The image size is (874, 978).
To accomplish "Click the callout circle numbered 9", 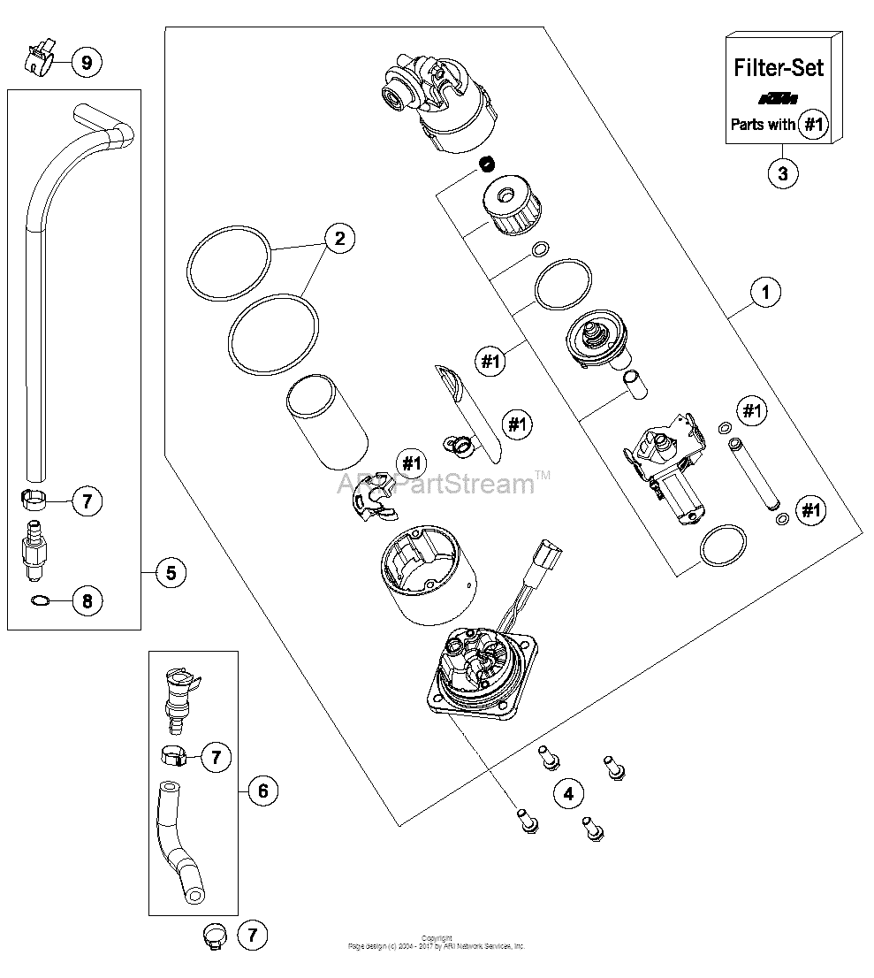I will tap(86, 62).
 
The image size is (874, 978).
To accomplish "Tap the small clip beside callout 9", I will tap(37, 56).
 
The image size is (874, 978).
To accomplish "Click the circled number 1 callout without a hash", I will tap(765, 292).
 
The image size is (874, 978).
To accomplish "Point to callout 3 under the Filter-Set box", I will tap(782, 172).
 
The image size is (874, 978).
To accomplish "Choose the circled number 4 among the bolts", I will tap(568, 793).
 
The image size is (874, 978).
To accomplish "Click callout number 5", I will tap(171, 572).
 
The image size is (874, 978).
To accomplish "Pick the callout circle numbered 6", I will tap(262, 790).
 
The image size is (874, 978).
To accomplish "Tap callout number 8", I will tap(87, 602).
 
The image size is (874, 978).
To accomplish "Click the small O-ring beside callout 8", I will tap(39, 601).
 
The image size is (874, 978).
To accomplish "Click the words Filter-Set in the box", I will tap(779, 67).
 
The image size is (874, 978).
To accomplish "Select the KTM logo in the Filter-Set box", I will tap(779, 97).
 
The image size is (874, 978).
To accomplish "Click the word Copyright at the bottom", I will tap(437, 938).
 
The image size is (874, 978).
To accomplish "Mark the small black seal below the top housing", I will tap(484, 163).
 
